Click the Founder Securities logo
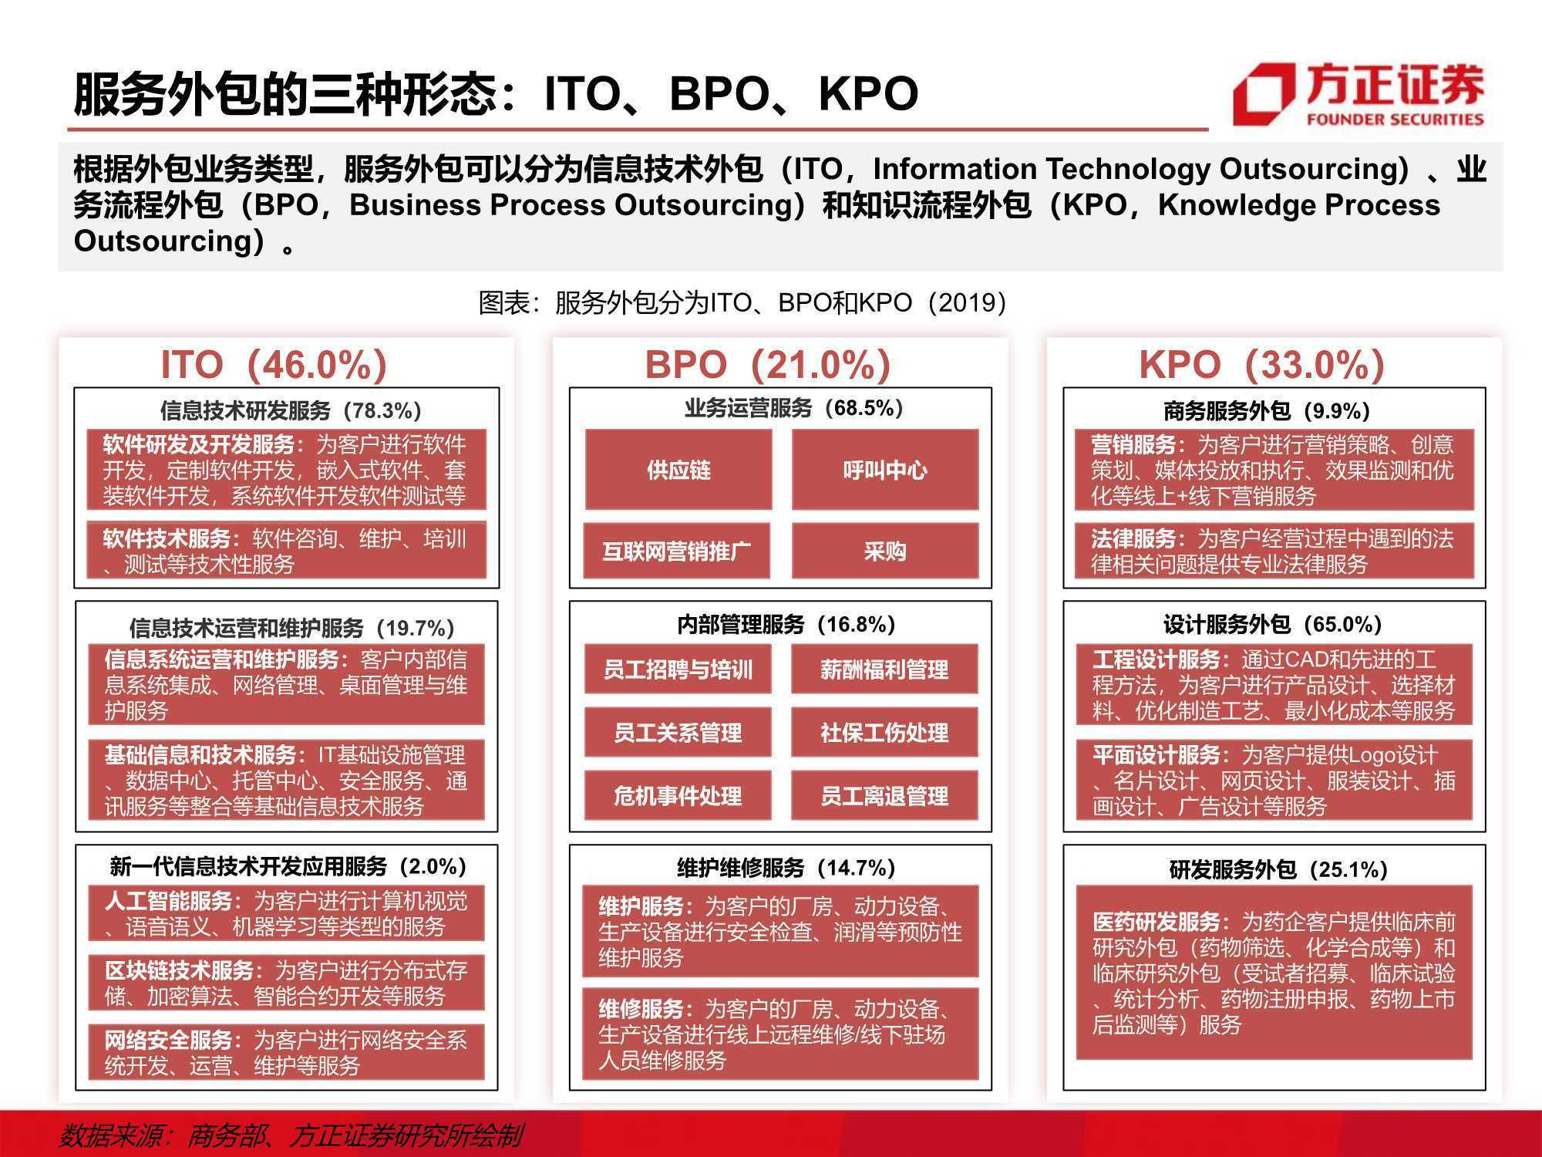pyautogui.click(x=1358, y=94)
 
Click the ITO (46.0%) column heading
pyautogui.click(x=274, y=365)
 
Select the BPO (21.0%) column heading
pyautogui.click(x=768, y=365)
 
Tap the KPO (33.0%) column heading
pyautogui.click(x=1262, y=365)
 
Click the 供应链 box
pyautogui.click(x=678, y=470)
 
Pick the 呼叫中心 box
pyautogui.click(x=885, y=470)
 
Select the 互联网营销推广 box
pyautogui.click(x=677, y=551)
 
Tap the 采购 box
pyautogui.click(x=885, y=551)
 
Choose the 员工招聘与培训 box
pyautogui.click(x=678, y=669)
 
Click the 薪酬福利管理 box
pyautogui.click(x=884, y=669)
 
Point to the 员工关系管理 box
pyautogui.click(x=678, y=732)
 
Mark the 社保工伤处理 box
pyautogui.click(x=884, y=732)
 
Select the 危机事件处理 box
pyautogui.click(x=678, y=795)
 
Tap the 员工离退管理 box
pyautogui.click(x=884, y=795)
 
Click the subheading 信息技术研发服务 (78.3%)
pyautogui.click(x=291, y=410)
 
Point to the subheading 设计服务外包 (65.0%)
pyautogui.click(x=1272, y=624)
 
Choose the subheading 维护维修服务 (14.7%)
pyautogui.click(x=786, y=869)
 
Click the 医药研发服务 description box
pyautogui.click(x=1274, y=972)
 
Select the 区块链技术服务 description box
pyautogui.click(x=286, y=983)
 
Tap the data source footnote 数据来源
pyautogui.click(x=291, y=1135)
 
